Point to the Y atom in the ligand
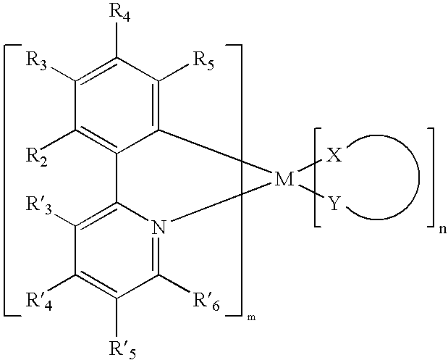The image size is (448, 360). [334, 205]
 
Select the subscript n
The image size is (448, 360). [441, 233]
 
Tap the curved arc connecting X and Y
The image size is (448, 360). [418, 180]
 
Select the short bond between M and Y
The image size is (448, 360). [310, 193]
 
